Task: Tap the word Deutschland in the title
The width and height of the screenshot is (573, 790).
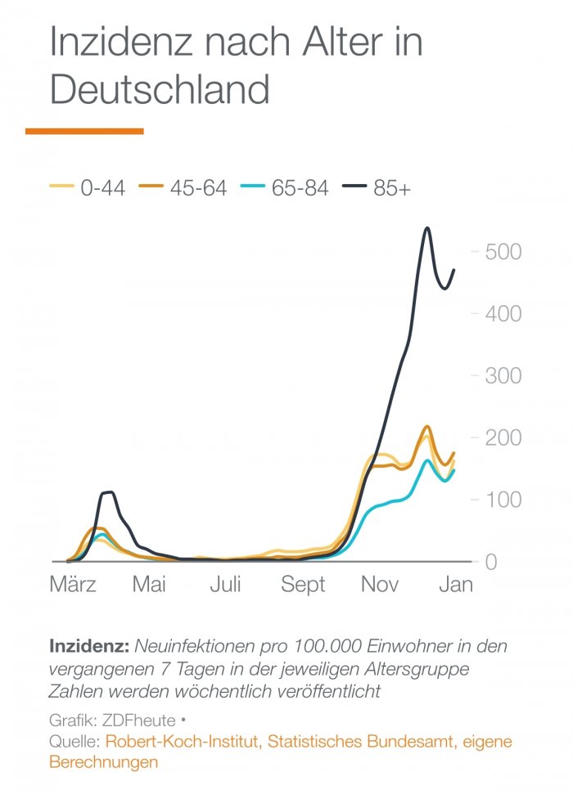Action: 160,89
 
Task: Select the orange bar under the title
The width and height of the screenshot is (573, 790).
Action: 84,131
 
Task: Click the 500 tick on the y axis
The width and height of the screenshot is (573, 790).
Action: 503,252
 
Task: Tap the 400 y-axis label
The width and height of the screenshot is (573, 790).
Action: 503,314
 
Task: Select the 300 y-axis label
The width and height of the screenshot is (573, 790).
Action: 503,376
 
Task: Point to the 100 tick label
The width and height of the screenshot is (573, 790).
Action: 503,500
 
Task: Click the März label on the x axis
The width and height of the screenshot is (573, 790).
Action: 74,586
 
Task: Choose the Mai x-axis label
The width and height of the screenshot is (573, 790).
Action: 150,586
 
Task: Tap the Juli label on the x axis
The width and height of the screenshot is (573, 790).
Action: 225,586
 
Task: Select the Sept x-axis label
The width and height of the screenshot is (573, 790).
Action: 303,586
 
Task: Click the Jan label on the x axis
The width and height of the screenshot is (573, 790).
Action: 456,586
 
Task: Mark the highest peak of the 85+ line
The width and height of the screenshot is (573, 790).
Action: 427,228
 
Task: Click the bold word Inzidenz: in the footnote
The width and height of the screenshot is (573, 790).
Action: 89,646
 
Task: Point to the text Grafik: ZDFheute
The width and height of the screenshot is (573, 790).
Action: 111,720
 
